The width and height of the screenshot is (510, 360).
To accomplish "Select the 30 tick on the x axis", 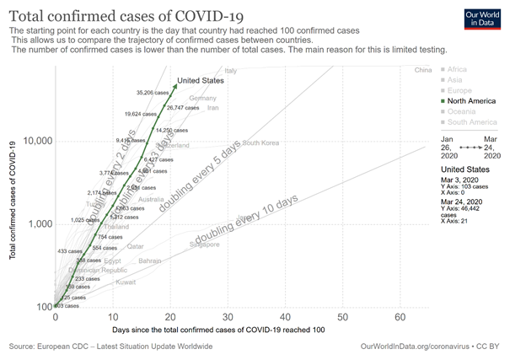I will click(x=227, y=317).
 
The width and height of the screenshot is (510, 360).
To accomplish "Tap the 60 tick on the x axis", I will click(x=400, y=317).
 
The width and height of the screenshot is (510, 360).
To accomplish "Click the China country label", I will click(x=423, y=70).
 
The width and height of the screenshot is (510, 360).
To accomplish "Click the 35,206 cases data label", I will click(x=152, y=92).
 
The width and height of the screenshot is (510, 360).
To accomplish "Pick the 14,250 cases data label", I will click(x=171, y=131).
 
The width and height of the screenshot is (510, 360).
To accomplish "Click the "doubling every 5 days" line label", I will click(x=208, y=167).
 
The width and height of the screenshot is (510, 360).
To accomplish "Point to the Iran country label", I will click(x=212, y=108).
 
